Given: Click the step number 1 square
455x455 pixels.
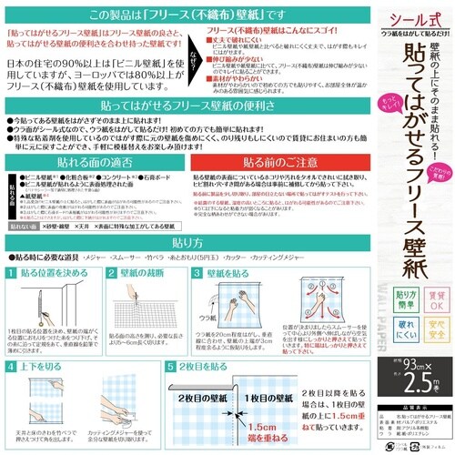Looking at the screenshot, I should pos(11,273).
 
